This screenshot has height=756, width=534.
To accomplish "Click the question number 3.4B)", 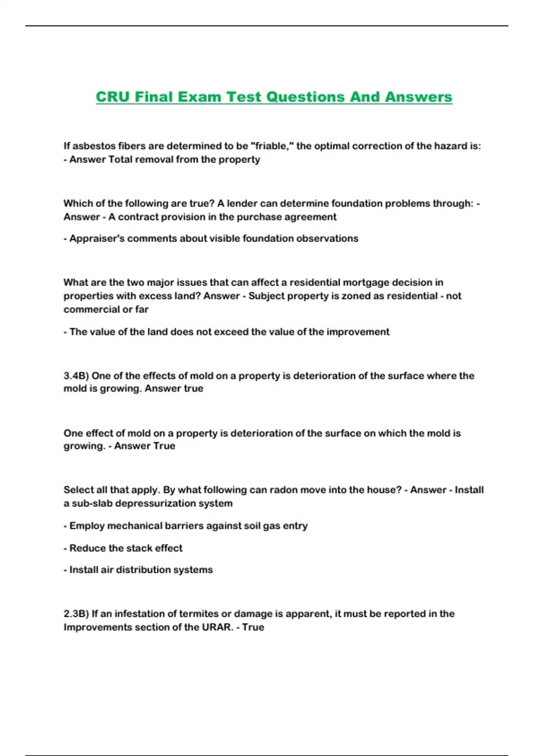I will click(76, 376).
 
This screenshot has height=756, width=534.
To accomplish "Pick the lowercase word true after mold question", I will click(193, 389).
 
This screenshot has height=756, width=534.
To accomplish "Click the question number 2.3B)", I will click(76, 614).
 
